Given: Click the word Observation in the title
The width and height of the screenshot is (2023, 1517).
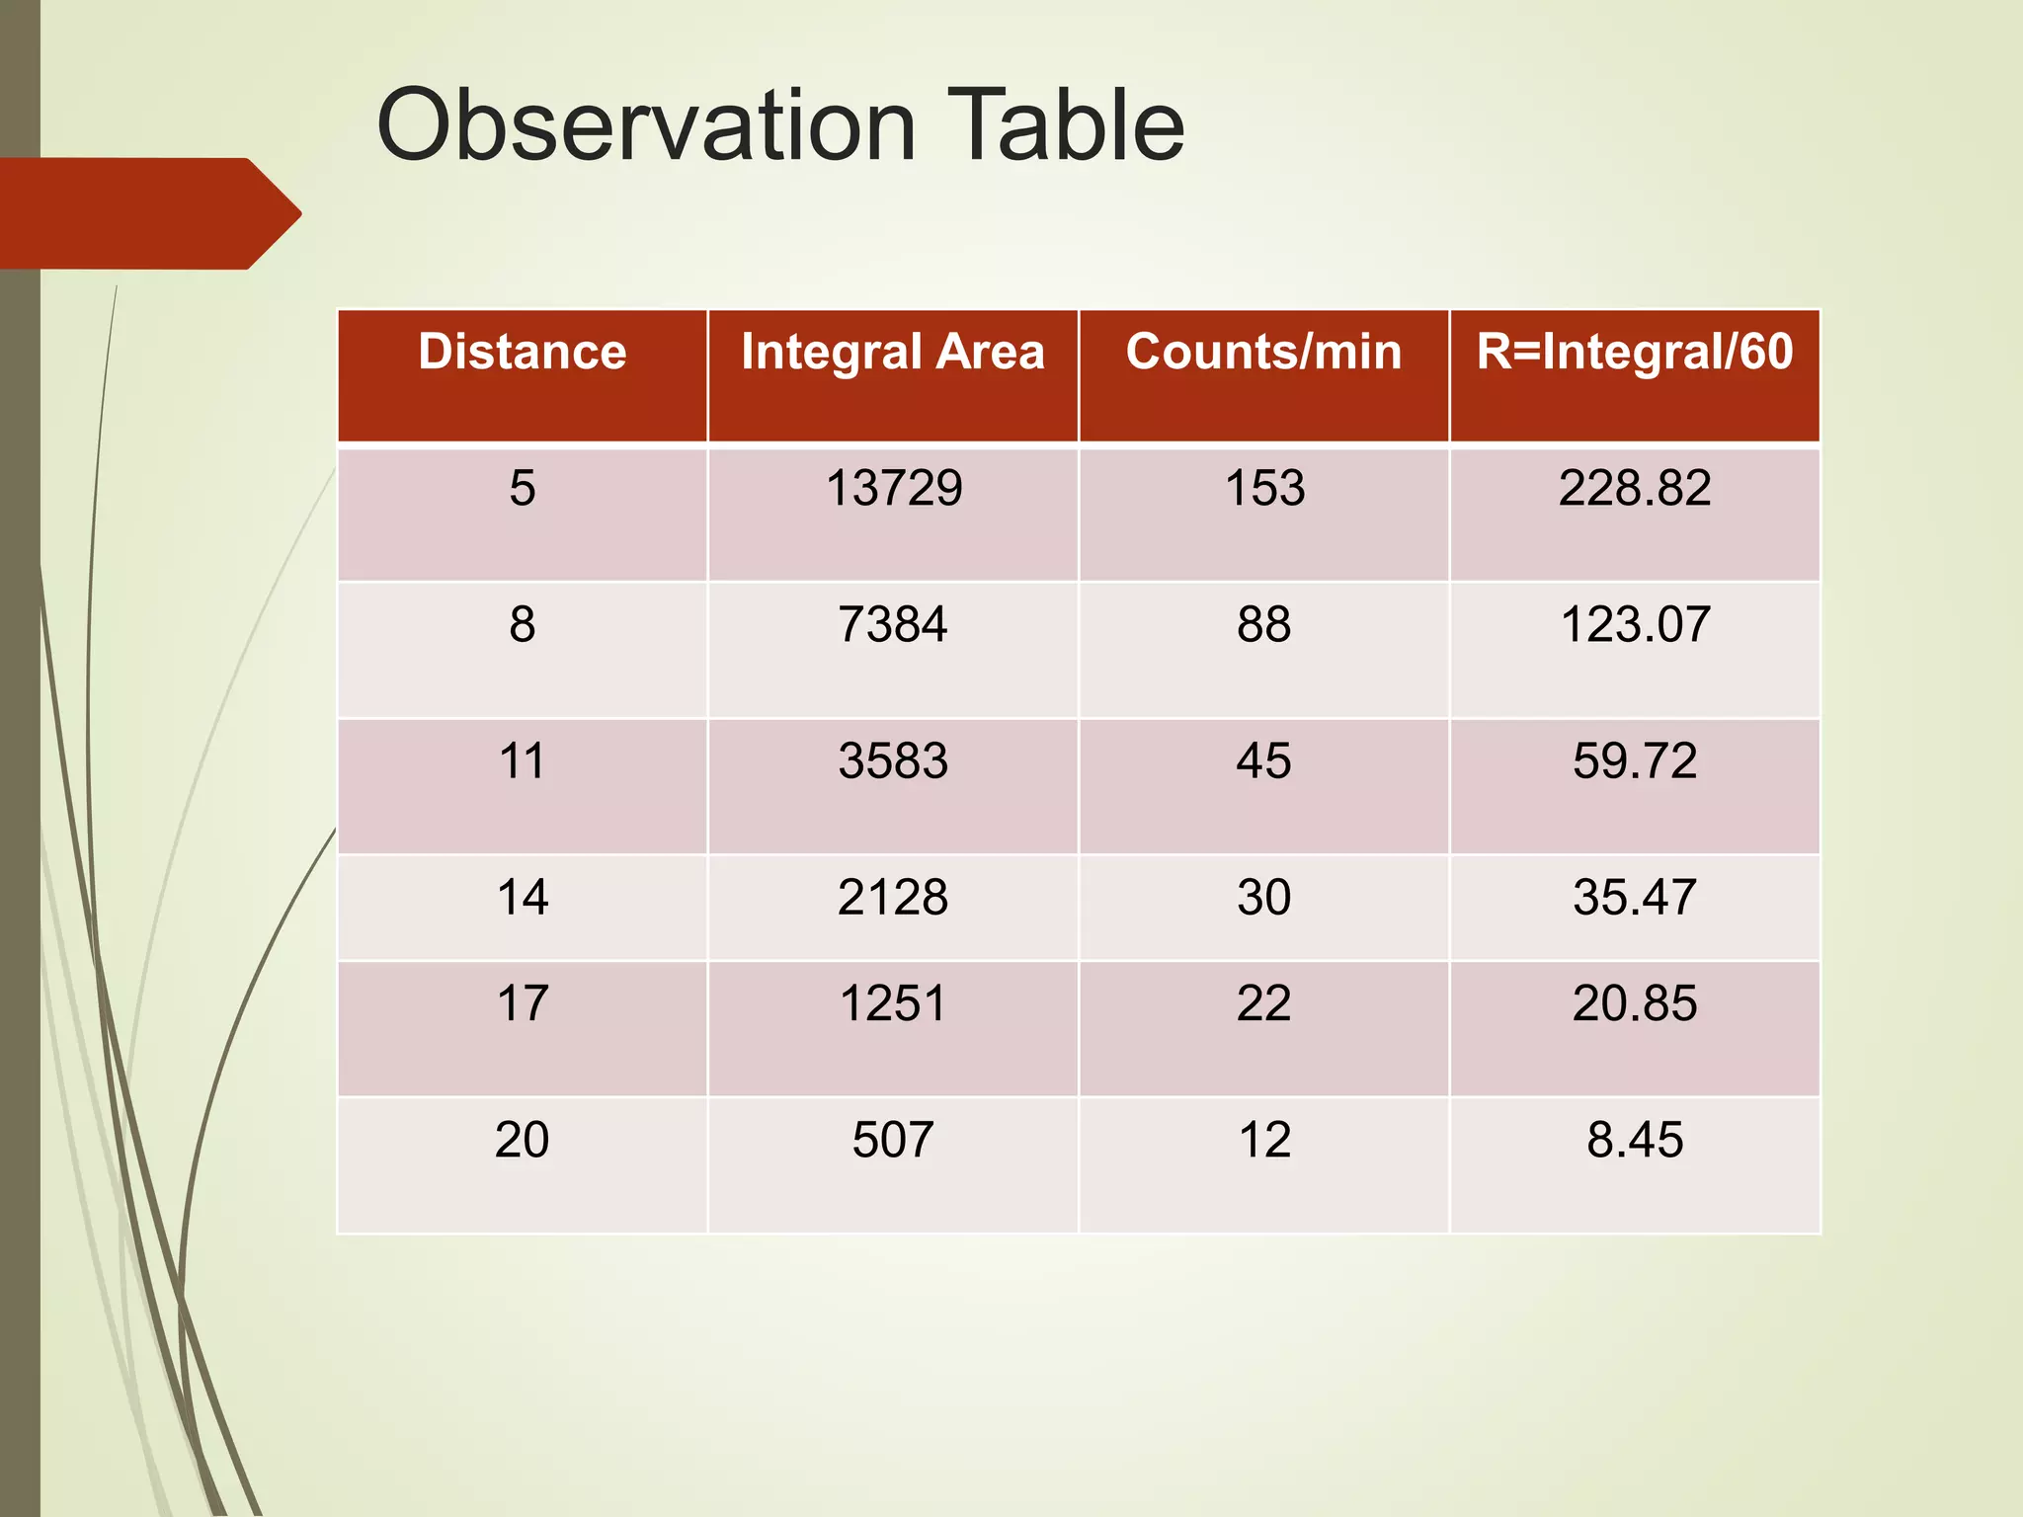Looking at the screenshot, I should [x=646, y=125].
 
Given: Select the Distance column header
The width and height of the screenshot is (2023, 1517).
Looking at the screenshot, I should [x=522, y=353].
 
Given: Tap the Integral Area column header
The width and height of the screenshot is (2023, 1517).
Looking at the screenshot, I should [x=892, y=353].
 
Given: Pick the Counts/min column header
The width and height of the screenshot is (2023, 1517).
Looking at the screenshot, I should [x=1263, y=353].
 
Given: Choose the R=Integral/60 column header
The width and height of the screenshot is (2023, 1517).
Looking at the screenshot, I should [x=1634, y=353].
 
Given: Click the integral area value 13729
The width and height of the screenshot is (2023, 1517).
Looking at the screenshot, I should [x=893, y=488].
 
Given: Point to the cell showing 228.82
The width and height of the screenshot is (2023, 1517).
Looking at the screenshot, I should [x=1634, y=488].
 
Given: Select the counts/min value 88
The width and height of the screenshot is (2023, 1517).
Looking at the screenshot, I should [x=1263, y=624].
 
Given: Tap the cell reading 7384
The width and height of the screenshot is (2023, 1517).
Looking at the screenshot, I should [x=892, y=624].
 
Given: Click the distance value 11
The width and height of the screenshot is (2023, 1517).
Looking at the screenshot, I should [x=522, y=760].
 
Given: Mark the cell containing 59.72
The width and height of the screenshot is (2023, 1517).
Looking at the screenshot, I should [x=1634, y=760].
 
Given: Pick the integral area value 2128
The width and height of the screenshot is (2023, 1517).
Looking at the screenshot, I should [x=892, y=897].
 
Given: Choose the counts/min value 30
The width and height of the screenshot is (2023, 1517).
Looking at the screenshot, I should [x=1263, y=897].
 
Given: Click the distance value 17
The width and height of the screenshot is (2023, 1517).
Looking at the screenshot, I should [x=522, y=1003].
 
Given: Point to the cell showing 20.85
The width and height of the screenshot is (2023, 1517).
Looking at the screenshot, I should [x=1634, y=1003].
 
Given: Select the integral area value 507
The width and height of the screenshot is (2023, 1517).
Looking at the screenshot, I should [x=892, y=1140].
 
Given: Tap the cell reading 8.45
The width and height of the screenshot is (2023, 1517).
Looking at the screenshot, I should [x=1634, y=1140].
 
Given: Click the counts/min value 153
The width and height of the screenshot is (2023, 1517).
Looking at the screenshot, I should [x=1264, y=488].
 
